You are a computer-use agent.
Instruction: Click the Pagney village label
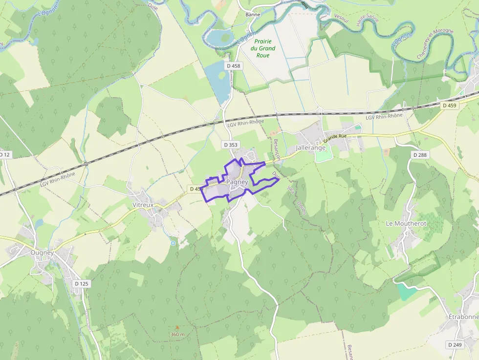(238, 182)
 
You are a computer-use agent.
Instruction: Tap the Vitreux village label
(143, 205)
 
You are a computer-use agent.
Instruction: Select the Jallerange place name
(311, 148)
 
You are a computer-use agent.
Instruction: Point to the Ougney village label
(42, 253)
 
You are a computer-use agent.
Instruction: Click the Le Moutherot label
(406, 223)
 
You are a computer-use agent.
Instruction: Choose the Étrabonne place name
(463, 317)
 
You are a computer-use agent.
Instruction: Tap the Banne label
(253, 14)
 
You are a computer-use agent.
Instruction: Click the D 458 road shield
(234, 65)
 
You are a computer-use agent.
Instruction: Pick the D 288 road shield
(419, 155)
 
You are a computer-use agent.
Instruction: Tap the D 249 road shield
(454, 345)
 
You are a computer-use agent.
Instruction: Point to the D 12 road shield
(4, 155)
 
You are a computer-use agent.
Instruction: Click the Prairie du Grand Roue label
(263, 48)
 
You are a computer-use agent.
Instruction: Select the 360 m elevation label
(177, 334)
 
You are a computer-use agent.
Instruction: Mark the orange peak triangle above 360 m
(177, 328)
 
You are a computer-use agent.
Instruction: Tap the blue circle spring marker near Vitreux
(173, 243)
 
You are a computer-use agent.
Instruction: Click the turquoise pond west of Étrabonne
(407, 292)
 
